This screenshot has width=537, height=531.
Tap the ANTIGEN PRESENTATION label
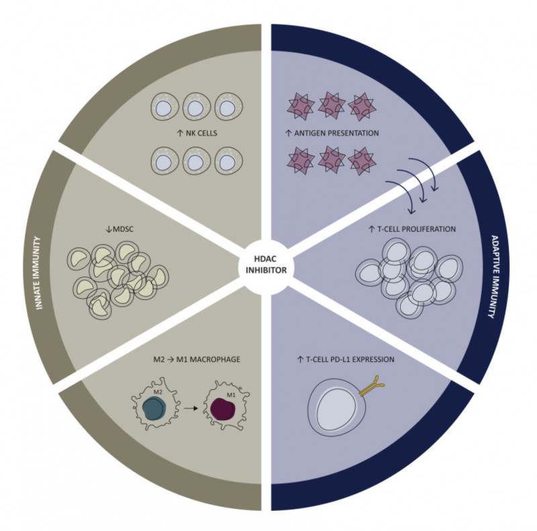[x=332, y=134]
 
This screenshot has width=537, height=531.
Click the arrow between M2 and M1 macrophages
[x=191, y=407]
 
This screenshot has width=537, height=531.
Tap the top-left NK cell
[x=163, y=107]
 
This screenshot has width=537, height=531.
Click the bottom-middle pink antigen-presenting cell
[x=330, y=161]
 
